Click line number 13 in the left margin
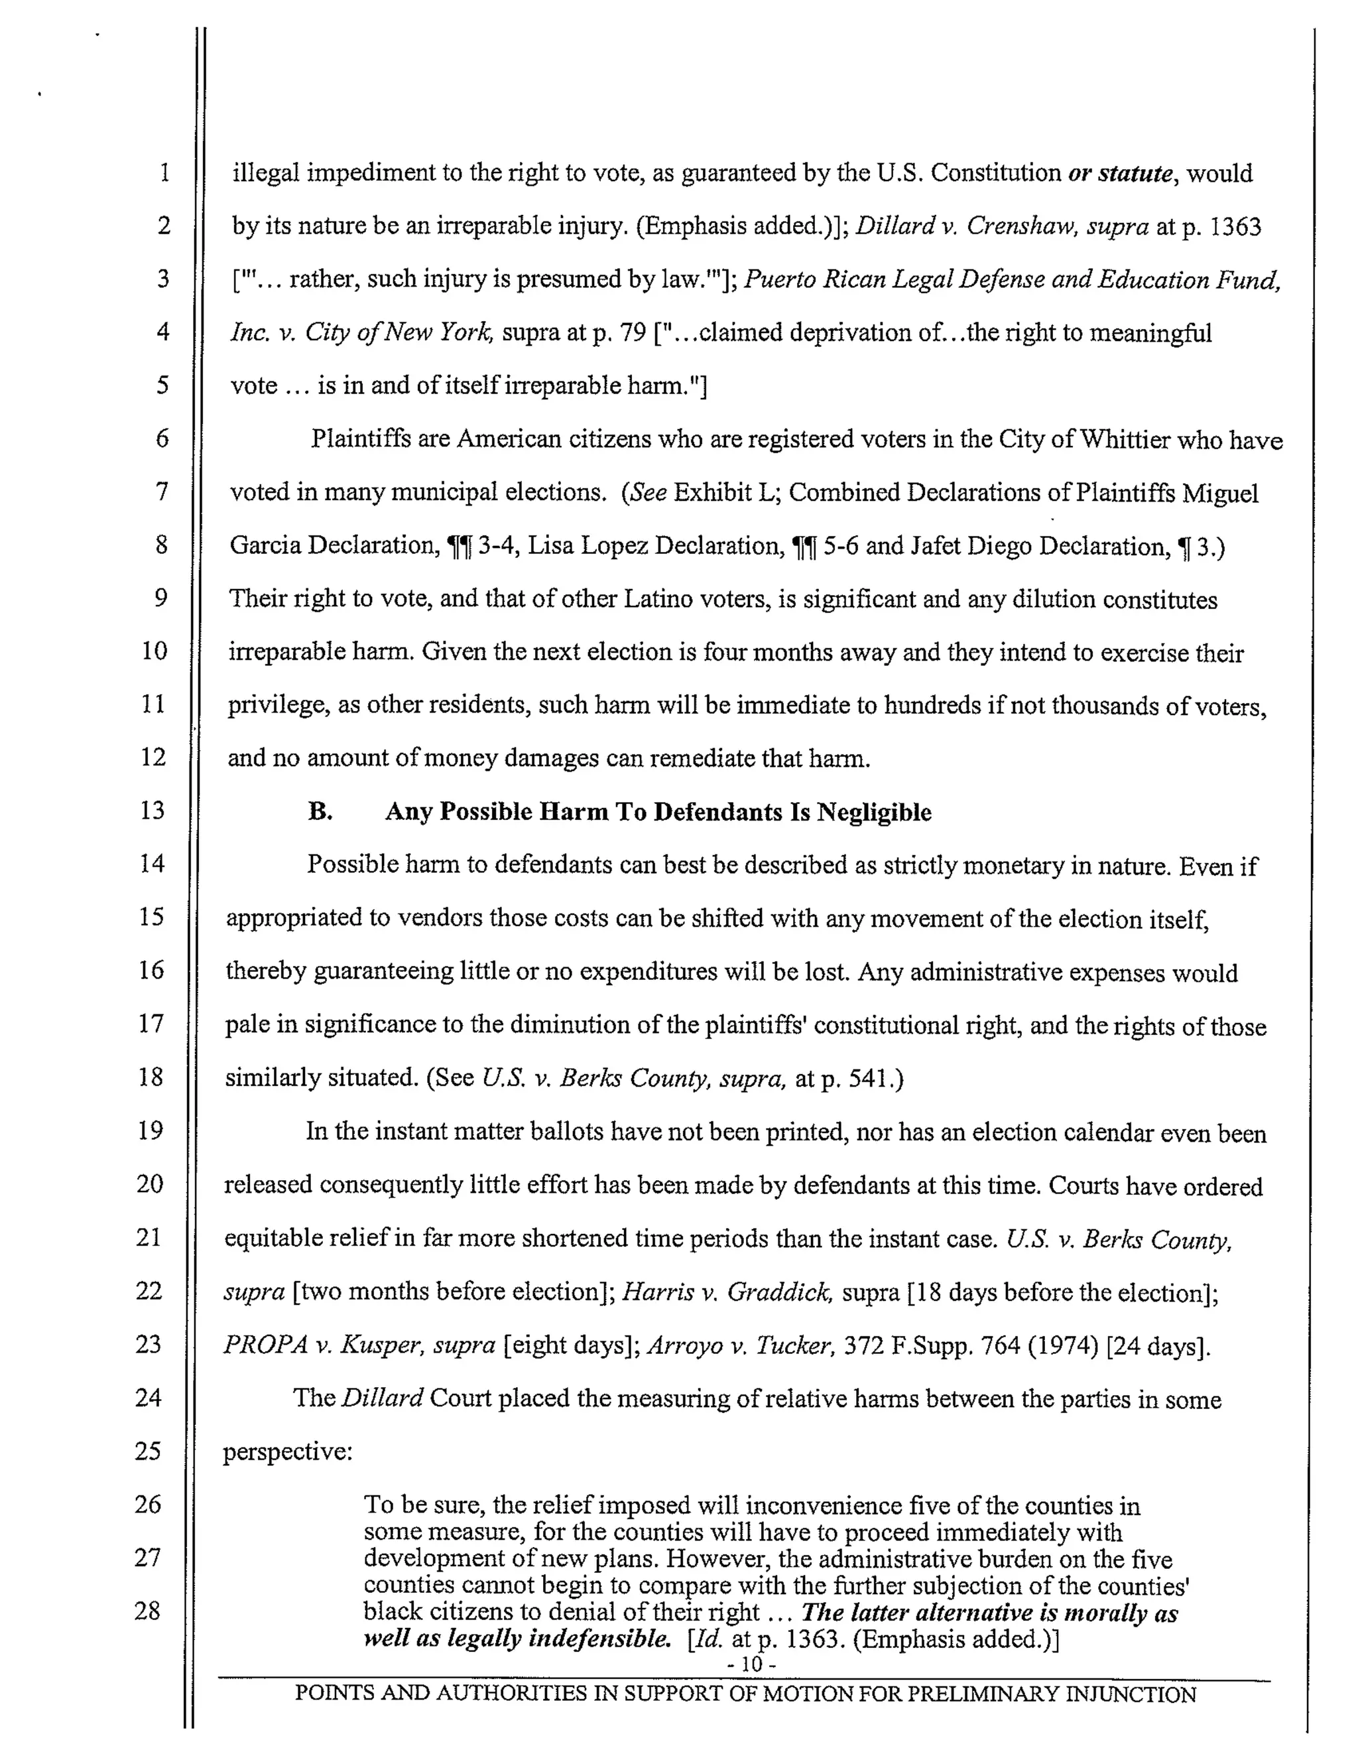(152, 810)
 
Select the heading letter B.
(320, 811)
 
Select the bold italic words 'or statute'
(1120, 173)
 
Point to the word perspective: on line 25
(287, 1452)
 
